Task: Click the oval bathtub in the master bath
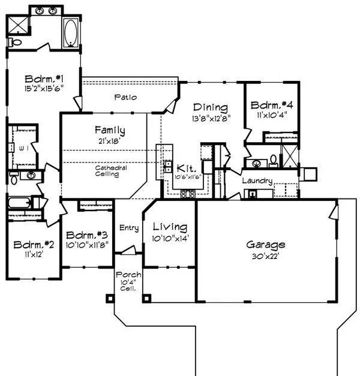pos(70,32)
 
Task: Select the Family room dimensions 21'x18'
pos(109,140)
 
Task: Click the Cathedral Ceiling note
pos(111,172)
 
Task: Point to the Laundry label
pos(257,181)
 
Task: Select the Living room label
pos(169,227)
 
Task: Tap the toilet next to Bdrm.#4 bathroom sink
pos(272,160)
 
